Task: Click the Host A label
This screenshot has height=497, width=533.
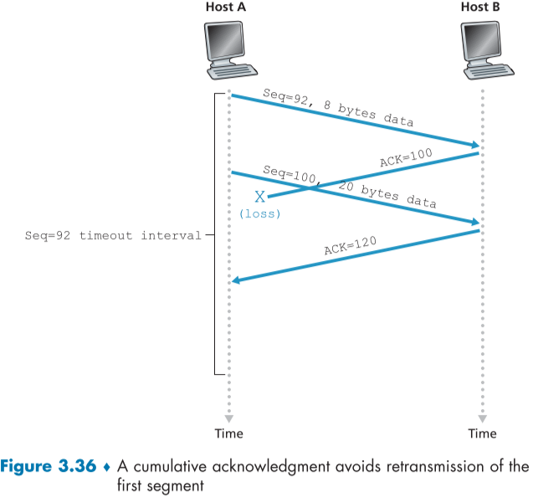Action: click(x=228, y=8)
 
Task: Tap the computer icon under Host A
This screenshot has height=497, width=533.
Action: click(x=228, y=46)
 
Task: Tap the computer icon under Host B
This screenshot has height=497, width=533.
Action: click(x=482, y=46)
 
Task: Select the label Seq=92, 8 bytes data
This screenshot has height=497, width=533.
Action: click(x=338, y=106)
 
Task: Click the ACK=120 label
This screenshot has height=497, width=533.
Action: click(x=351, y=247)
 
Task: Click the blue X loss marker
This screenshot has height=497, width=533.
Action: click(x=259, y=197)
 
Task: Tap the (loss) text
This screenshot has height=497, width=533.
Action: click(x=259, y=214)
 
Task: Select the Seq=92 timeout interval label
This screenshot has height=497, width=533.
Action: click(x=113, y=236)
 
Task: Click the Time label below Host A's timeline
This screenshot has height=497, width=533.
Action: click(x=228, y=433)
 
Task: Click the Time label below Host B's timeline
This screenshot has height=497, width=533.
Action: click(x=482, y=433)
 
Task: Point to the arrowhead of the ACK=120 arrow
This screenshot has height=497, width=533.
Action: click(x=237, y=281)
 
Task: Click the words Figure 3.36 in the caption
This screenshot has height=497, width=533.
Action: click(x=53, y=465)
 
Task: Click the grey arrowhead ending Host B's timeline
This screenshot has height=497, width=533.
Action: click(x=482, y=416)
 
